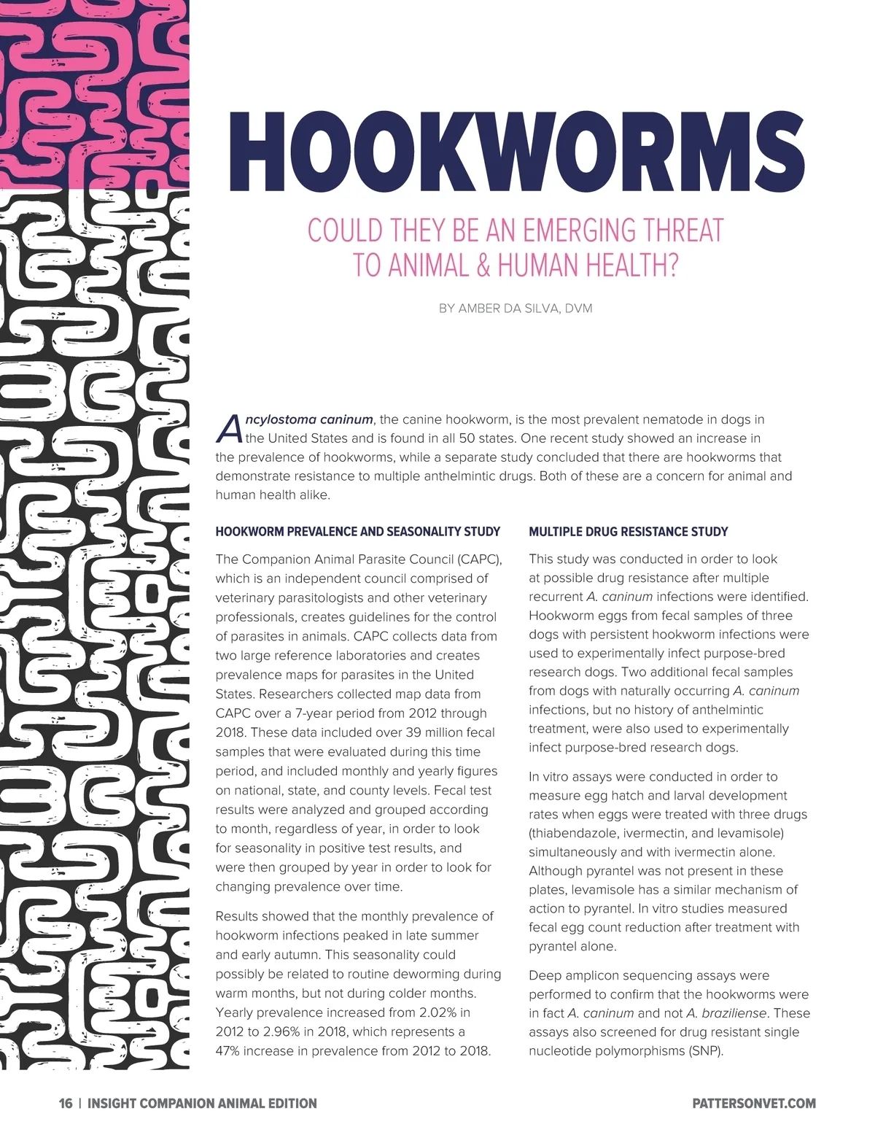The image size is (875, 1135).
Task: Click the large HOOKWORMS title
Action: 522,150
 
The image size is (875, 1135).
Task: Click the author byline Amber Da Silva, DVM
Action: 516,309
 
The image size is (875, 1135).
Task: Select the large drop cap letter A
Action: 228,429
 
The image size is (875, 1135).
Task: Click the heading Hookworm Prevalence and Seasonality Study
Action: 358,532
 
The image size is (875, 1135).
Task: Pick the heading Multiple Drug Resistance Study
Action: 629,532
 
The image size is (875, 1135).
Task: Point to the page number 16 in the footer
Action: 66,1104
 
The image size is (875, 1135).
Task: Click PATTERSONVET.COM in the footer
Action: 754,1104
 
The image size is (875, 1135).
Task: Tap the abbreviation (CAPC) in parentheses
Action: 480,560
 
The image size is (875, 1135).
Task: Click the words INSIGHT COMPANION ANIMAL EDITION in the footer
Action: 202,1104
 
